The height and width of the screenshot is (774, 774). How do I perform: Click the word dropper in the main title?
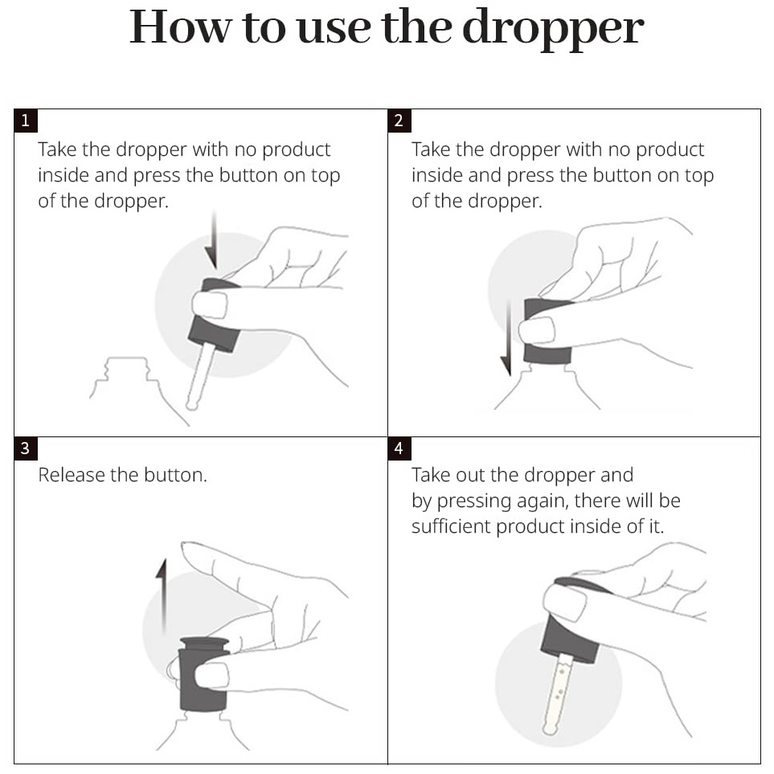(553, 29)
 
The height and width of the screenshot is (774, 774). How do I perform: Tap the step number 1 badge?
(26, 121)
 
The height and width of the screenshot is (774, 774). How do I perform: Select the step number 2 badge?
(399, 121)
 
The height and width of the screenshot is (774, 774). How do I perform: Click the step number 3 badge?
(26, 448)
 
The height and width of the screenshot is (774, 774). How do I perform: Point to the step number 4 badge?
(399, 448)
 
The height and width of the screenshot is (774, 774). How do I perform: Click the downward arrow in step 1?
(212, 240)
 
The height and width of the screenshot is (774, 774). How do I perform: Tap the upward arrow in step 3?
(162, 597)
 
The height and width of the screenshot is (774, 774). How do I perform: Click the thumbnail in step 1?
(209, 305)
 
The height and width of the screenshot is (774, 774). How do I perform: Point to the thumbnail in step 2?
(537, 330)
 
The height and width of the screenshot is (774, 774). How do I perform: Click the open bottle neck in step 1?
(127, 368)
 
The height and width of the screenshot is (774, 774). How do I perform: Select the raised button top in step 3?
(204, 644)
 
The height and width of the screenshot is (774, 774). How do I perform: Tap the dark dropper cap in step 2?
(547, 330)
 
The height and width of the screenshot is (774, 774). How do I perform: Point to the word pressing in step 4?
(474, 502)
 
